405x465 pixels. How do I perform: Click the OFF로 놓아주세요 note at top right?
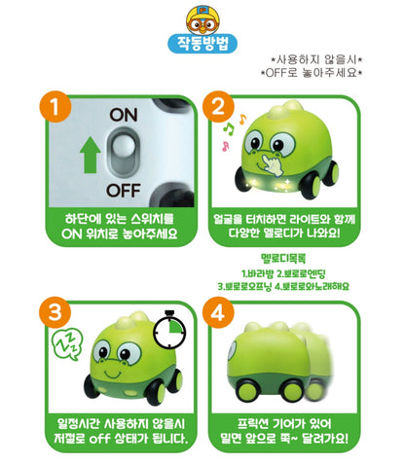(x=313, y=71)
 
